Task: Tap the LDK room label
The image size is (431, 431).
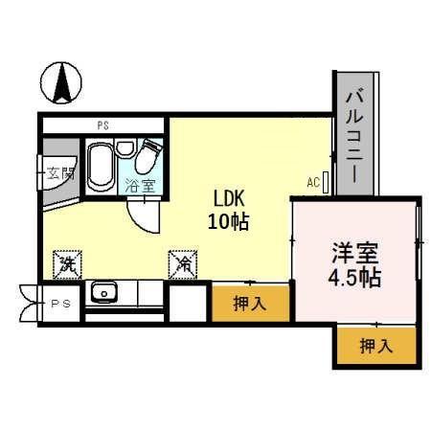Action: pyautogui.click(x=229, y=199)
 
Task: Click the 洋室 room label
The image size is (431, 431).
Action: pyautogui.click(x=355, y=255)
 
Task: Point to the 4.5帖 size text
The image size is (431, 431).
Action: pyautogui.click(x=355, y=279)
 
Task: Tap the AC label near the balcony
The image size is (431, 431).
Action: pyautogui.click(x=313, y=182)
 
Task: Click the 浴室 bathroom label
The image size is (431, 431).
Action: pyautogui.click(x=140, y=185)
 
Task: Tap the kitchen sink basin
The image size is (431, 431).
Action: pyautogui.click(x=102, y=293)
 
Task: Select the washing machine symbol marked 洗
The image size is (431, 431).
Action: pyautogui.click(x=67, y=261)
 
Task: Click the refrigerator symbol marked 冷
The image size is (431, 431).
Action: pyautogui.click(x=180, y=261)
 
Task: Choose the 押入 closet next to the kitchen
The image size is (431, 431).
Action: pyautogui.click(x=251, y=304)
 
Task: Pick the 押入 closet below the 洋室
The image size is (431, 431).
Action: pyautogui.click(x=375, y=346)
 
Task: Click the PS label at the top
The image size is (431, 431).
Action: pyautogui.click(x=102, y=125)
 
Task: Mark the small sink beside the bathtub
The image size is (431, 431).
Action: pyautogui.click(x=125, y=149)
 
